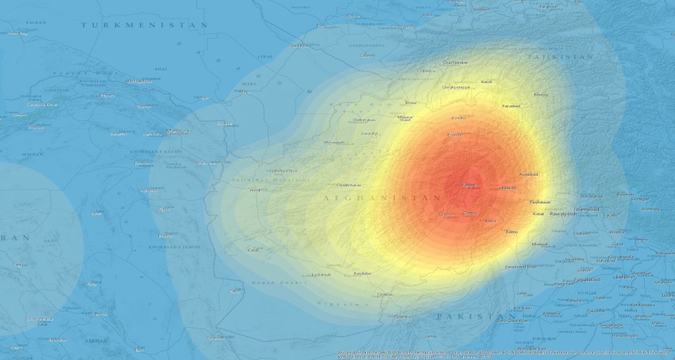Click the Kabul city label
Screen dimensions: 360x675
coord(469,185)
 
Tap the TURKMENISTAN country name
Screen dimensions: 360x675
coord(144,25)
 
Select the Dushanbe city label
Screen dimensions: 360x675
coord(456,63)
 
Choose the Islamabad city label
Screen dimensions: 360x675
coord(586,209)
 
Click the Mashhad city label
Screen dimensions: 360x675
coord(177,131)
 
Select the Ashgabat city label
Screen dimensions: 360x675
coord(138,81)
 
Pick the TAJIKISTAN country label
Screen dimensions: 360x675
coord(560,56)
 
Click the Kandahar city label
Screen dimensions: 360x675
coord(363,273)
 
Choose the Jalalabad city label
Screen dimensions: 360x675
coord(507,188)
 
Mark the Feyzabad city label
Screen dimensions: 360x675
coord(510,106)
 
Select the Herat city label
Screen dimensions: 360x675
coord(256,190)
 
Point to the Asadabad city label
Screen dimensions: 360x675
coord(528,174)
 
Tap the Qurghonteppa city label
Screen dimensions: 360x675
coord(456,87)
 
